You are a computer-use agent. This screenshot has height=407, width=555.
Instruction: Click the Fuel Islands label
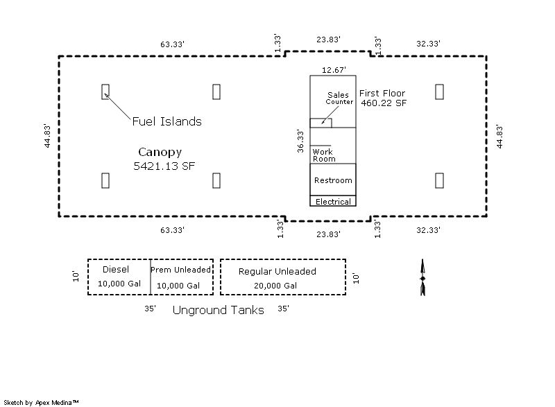(x=166, y=121)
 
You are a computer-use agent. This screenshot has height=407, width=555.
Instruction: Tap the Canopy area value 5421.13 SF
(x=164, y=166)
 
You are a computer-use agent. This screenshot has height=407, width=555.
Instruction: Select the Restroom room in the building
(x=333, y=180)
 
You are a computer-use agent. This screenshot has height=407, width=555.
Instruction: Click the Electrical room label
(x=333, y=202)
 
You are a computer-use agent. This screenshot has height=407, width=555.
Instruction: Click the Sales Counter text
(x=340, y=98)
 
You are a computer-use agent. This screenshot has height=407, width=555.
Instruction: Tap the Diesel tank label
(x=116, y=269)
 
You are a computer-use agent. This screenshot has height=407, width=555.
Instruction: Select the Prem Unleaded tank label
(x=180, y=270)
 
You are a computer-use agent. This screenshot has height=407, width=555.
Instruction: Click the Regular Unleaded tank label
(x=277, y=271)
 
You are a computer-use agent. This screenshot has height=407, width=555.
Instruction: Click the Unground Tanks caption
(x=218, y=310)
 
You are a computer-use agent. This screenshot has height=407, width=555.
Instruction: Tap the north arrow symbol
(x=422, y=278)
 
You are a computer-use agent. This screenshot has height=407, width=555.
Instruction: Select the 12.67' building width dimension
(x=332, y=69)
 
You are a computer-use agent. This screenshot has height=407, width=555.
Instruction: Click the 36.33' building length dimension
(x=300, y=141)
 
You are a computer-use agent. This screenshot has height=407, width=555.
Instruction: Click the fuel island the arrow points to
(x=105, y=91)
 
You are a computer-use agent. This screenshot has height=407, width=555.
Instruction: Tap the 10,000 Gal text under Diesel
(x=119, y=284)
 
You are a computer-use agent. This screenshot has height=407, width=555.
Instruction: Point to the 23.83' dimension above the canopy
(x=328, y=40)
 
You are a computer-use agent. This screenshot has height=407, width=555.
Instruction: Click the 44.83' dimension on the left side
(x=46, y=136)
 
